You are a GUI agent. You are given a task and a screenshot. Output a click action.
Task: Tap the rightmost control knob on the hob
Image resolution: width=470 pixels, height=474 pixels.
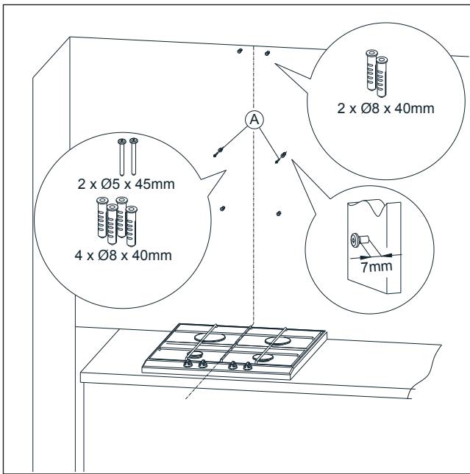pyautogui.click(x=244, y=364)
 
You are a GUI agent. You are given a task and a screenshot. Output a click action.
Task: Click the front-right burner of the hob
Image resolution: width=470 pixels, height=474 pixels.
pyautogui.click(x=263, y=358)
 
